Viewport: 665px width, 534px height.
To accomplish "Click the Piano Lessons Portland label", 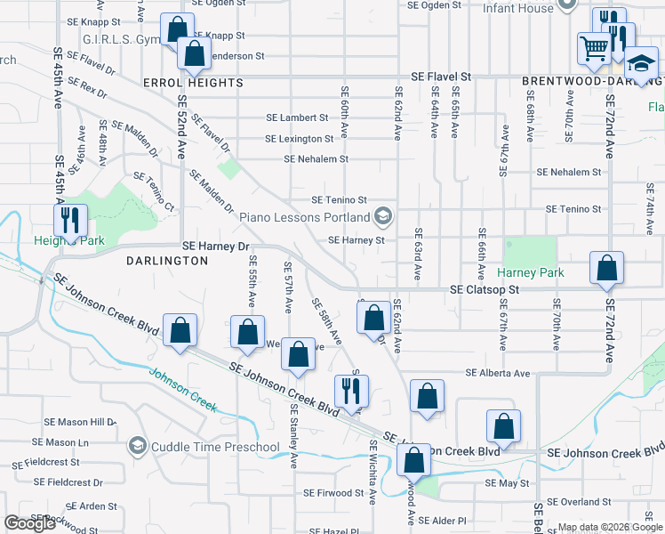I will pos(316,217).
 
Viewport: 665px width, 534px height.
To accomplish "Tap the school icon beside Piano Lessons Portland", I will pos(383,216).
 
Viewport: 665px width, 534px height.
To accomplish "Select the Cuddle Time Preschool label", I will pos(204,446).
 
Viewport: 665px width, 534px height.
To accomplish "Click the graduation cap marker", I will pos(638,64).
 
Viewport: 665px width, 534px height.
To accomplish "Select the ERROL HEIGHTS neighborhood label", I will pos(193,83).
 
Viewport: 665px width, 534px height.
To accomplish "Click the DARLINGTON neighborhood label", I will pos(167,261).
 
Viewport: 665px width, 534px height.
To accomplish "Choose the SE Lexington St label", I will pos(299,139).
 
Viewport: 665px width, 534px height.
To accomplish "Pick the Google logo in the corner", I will pos(29,523).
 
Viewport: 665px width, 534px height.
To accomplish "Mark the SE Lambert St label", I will pos(298,117).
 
